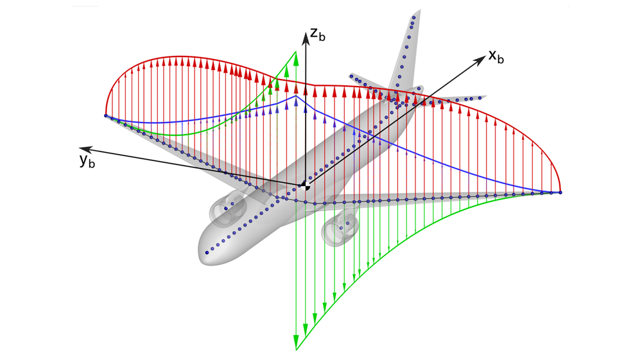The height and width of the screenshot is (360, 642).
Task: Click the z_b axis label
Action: click(318, 34)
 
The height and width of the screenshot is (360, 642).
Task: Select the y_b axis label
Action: click(87, 160)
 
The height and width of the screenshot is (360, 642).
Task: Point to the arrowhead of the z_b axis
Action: click(306, 39)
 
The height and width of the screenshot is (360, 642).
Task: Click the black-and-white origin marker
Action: click(304, 186)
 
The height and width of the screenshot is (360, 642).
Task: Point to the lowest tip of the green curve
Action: click(296, 350)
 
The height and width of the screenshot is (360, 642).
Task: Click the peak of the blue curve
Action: click(296, 96)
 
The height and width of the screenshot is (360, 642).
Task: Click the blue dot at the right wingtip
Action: click(560, 193)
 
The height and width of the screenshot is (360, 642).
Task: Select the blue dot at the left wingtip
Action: click(106, 116)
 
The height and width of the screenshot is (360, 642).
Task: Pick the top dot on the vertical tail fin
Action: click(414, 17)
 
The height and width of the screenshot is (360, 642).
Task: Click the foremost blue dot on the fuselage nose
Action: click(207, 253)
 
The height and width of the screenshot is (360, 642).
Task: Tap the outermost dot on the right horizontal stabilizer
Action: click(480, 98)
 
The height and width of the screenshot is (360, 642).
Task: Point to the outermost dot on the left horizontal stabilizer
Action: click(352, 76)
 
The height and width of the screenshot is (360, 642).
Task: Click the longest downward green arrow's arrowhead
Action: click(296, 340)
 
